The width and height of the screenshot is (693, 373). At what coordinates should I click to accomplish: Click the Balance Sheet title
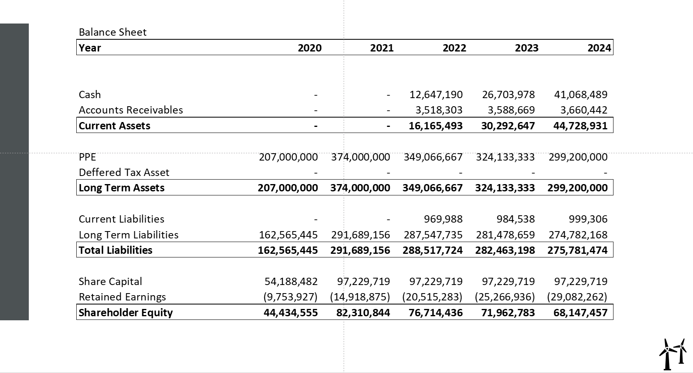tap(113, 32)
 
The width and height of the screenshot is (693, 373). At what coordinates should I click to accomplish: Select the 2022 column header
tap(454, 48)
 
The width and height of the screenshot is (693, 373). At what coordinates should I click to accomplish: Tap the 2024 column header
tap(599, 48)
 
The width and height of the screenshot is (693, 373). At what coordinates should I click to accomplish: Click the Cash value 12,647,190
tap(436, 94)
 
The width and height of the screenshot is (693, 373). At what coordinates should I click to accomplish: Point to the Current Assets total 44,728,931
tap(580, 126)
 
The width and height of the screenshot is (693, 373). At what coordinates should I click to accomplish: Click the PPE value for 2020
tap(288, 157)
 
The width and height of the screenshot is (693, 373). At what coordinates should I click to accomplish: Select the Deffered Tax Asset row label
tap(124, 172)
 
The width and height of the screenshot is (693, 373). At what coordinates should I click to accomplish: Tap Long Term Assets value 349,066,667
tap(433, 188)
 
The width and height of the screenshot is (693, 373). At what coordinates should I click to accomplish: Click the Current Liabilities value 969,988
tap(443, 219)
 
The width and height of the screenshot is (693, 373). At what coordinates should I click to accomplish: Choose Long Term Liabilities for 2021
tap(360, 235)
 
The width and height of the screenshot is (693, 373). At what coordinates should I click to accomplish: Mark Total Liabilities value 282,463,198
tap(505, 250)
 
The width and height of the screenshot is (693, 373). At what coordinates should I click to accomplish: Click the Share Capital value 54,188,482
tap(291, 281)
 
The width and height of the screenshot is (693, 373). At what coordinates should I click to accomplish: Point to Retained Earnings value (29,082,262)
tap(577, 297)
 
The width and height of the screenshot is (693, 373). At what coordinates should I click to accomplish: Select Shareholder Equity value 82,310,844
tap(363, 313)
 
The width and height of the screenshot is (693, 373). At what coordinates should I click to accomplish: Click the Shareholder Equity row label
tap(126, 313)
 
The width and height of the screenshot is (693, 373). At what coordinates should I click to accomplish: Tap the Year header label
tap(90, 48)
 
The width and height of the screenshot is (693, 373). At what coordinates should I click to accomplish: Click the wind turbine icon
tap(673, 354)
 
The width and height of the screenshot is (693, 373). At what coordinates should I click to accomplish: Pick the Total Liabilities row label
tap(115, 250)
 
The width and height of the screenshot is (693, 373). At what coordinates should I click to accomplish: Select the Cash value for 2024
tap(581, 94)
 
